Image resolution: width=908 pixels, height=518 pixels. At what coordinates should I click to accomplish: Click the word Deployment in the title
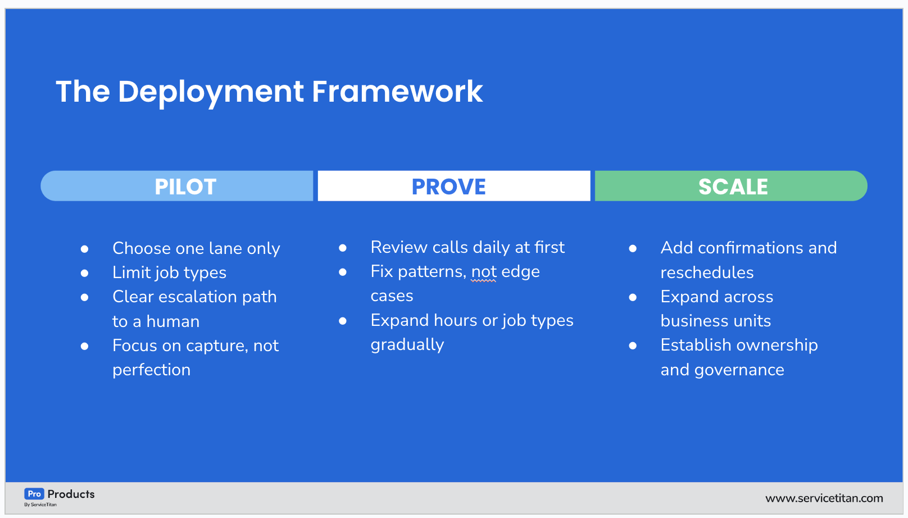coord(211,92)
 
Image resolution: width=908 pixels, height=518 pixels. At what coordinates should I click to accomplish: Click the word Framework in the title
coord(397,91)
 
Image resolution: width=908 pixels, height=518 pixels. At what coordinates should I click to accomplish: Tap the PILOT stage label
coord(185,187)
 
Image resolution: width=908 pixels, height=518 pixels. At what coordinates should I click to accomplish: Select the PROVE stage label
coord(448,187)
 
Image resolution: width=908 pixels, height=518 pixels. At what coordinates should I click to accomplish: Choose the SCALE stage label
coord(733,187)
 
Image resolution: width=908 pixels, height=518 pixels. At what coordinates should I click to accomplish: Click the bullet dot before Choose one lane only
coord(84,249)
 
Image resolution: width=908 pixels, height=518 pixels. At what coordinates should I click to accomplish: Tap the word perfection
coord(151,370)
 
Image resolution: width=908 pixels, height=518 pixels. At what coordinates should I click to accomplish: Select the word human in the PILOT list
coord(172,322)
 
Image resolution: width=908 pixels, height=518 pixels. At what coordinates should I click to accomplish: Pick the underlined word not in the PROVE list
coord(484,271)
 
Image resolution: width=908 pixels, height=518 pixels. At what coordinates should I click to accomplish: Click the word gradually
coord(407,345)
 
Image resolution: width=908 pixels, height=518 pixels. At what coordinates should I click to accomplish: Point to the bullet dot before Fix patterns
coord(343,272)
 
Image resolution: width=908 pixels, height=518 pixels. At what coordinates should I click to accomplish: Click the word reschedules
coord(707,272)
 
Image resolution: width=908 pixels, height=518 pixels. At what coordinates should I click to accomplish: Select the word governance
coord(739,370)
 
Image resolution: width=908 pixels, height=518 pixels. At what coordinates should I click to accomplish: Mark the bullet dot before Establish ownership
coord(633,346)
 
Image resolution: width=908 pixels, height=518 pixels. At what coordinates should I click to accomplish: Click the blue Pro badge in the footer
coord(34,494)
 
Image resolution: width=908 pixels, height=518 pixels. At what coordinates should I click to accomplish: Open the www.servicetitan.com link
coord(824,498)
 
